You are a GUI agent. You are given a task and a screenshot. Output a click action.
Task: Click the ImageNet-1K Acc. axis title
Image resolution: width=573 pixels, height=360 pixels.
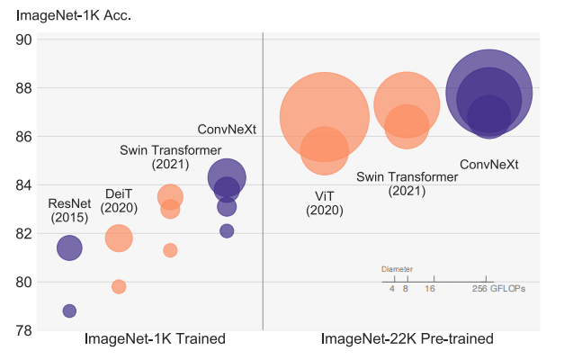[74, 14]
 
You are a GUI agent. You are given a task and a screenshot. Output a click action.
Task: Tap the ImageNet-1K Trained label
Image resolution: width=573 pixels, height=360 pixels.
[154, 339]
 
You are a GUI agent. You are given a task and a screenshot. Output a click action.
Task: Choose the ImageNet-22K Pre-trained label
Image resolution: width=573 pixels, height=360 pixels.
[407, 339]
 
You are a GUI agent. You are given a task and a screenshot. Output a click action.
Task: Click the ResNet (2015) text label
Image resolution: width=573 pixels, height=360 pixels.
[69, 211]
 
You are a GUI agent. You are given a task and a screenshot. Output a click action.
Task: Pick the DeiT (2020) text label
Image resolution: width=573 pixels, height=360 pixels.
[119, 201]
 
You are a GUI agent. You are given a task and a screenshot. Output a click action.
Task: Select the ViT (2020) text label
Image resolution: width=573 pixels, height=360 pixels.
[324, 202]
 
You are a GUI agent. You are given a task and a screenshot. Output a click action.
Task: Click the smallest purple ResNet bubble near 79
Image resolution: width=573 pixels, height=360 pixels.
[69, 310]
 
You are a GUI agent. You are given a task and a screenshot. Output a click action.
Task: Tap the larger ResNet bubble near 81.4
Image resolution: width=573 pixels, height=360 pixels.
[69, 247]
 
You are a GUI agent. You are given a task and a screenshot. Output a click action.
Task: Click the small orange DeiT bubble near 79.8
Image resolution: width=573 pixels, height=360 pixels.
[119, 286]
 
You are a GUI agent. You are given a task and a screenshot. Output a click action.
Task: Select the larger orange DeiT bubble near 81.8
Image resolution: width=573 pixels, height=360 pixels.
[119, 238]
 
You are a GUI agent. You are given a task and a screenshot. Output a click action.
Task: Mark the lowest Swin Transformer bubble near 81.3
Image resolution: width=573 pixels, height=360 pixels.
[170, 250]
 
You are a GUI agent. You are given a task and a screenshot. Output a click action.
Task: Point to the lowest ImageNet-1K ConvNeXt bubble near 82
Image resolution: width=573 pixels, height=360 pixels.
[227, 230]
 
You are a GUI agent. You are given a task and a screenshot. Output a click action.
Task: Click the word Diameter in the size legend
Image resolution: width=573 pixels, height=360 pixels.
[397, 269]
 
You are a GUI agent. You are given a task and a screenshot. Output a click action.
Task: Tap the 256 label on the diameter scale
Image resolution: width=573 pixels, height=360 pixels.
[479, 289]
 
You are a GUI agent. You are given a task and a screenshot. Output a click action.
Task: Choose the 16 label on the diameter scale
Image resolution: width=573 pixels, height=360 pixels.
[430, 289]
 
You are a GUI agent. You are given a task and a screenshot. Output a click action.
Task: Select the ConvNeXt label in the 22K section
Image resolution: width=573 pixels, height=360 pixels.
[489, 165]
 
